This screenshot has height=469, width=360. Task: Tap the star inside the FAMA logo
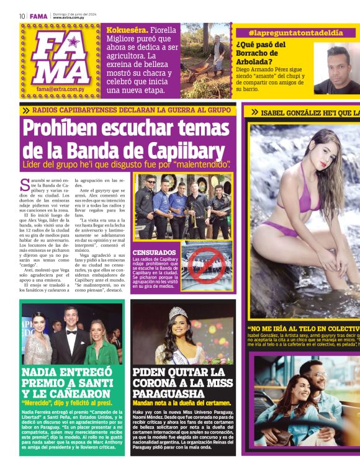pos(73,42)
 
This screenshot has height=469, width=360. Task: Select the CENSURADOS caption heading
pos(154,252)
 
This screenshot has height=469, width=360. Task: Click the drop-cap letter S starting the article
pos(24,184)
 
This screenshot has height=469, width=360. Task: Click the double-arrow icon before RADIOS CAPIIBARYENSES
pos(25,110)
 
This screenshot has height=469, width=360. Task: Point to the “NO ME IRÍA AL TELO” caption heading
pos(298,329)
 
